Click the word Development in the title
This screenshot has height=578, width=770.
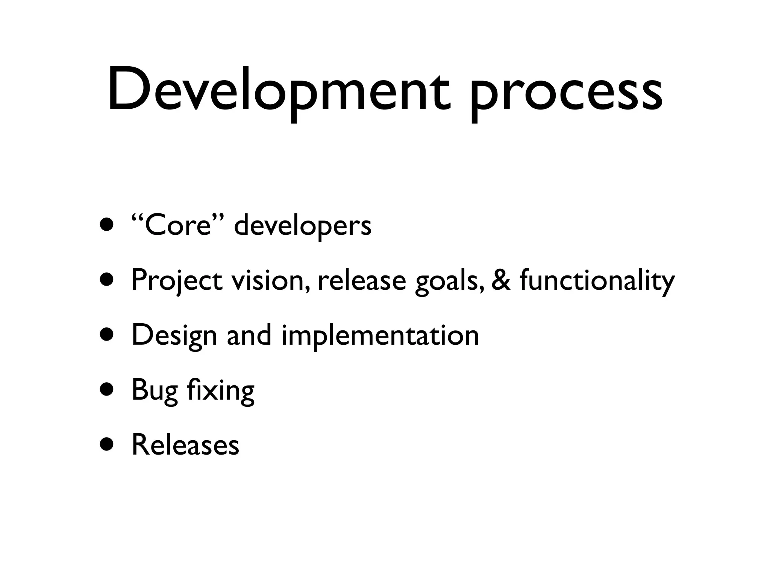point(278,90)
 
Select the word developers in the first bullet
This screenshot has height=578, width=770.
point(303,226)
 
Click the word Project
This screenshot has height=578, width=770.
point(177,281)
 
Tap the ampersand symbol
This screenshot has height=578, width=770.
point(501,280)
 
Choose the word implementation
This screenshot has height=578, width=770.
point(380,336)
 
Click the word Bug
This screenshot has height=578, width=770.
point(154,391)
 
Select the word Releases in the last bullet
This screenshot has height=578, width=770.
point(185,445)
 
